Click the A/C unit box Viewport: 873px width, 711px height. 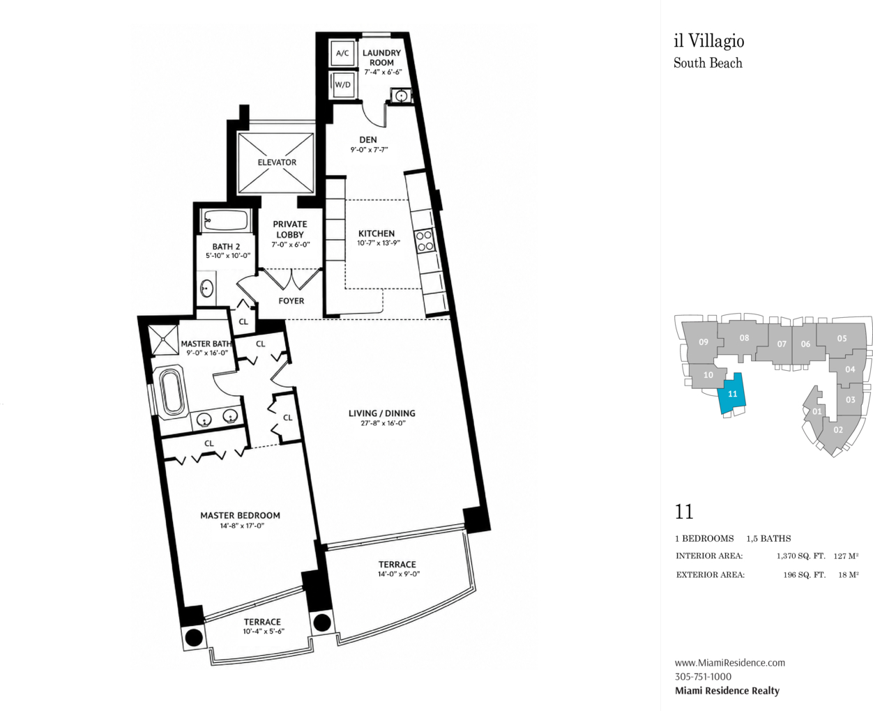click(x=342, y=53)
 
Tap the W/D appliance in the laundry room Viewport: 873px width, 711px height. click(x=342, y=85)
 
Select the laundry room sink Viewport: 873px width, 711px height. click(x=400, y=96)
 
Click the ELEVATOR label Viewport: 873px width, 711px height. click(x=277, y=162)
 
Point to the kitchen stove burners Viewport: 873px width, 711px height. click(x=424, y=240)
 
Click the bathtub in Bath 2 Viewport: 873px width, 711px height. click(x=225, y=220)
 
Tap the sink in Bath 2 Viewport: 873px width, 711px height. click(x=207, y=289)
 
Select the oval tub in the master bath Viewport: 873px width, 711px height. click(x=172, y=390)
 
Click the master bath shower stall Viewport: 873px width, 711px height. click(x=163, y=339)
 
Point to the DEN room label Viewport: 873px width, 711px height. click(x=368, y=139)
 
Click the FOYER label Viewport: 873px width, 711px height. click(x=291, y=301)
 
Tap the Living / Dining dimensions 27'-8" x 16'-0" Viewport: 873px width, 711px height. click(x=383, y=423)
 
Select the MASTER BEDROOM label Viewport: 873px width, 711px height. click(x=240, y=515)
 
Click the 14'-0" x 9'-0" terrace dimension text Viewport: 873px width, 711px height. click(x=399, y=574)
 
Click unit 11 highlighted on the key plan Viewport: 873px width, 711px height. click(x=732, y=395)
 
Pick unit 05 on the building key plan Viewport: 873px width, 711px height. click(x=842, y=339)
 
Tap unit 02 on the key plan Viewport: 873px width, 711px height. click(x=837, y=430)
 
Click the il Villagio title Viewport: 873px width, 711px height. click(x=709, y=41)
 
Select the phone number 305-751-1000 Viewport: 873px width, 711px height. click(x=703, y=677)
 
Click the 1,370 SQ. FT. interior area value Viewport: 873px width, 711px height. click(x=801, y=556)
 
